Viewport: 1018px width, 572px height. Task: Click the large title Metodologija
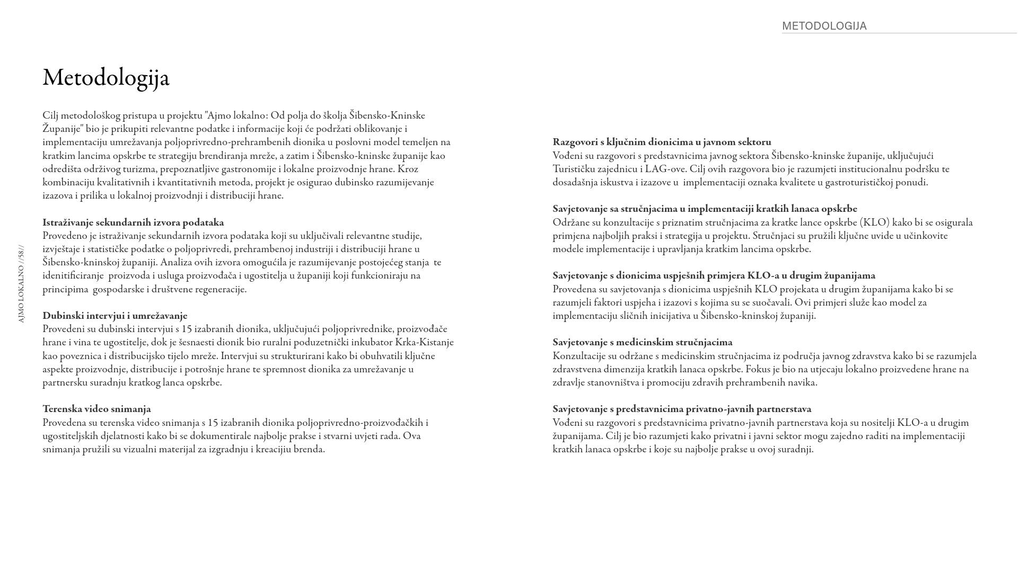pos(106,78)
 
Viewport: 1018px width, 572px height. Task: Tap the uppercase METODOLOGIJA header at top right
pos(824,26)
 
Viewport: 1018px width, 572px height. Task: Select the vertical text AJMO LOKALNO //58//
pos(21,284)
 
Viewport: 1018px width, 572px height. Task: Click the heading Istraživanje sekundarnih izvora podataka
pos(133,222)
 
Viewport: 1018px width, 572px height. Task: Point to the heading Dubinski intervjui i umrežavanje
pos(115,316)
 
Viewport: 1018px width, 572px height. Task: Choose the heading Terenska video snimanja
pos(96,409)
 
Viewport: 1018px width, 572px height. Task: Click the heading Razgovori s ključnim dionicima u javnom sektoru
pos(662,142)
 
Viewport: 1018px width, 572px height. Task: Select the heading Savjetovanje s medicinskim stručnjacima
pos(642,342)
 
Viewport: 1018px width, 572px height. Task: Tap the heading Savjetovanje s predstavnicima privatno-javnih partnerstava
pos(682,409)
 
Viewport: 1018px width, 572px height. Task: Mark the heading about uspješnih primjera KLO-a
pos(714,275)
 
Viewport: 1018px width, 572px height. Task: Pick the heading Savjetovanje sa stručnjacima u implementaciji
pos(705,209)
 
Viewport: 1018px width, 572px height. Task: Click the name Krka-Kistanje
pos(424,342)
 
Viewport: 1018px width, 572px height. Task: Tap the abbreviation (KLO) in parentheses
pos(874,222)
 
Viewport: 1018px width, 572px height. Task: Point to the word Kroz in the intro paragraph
pos(408,169)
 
